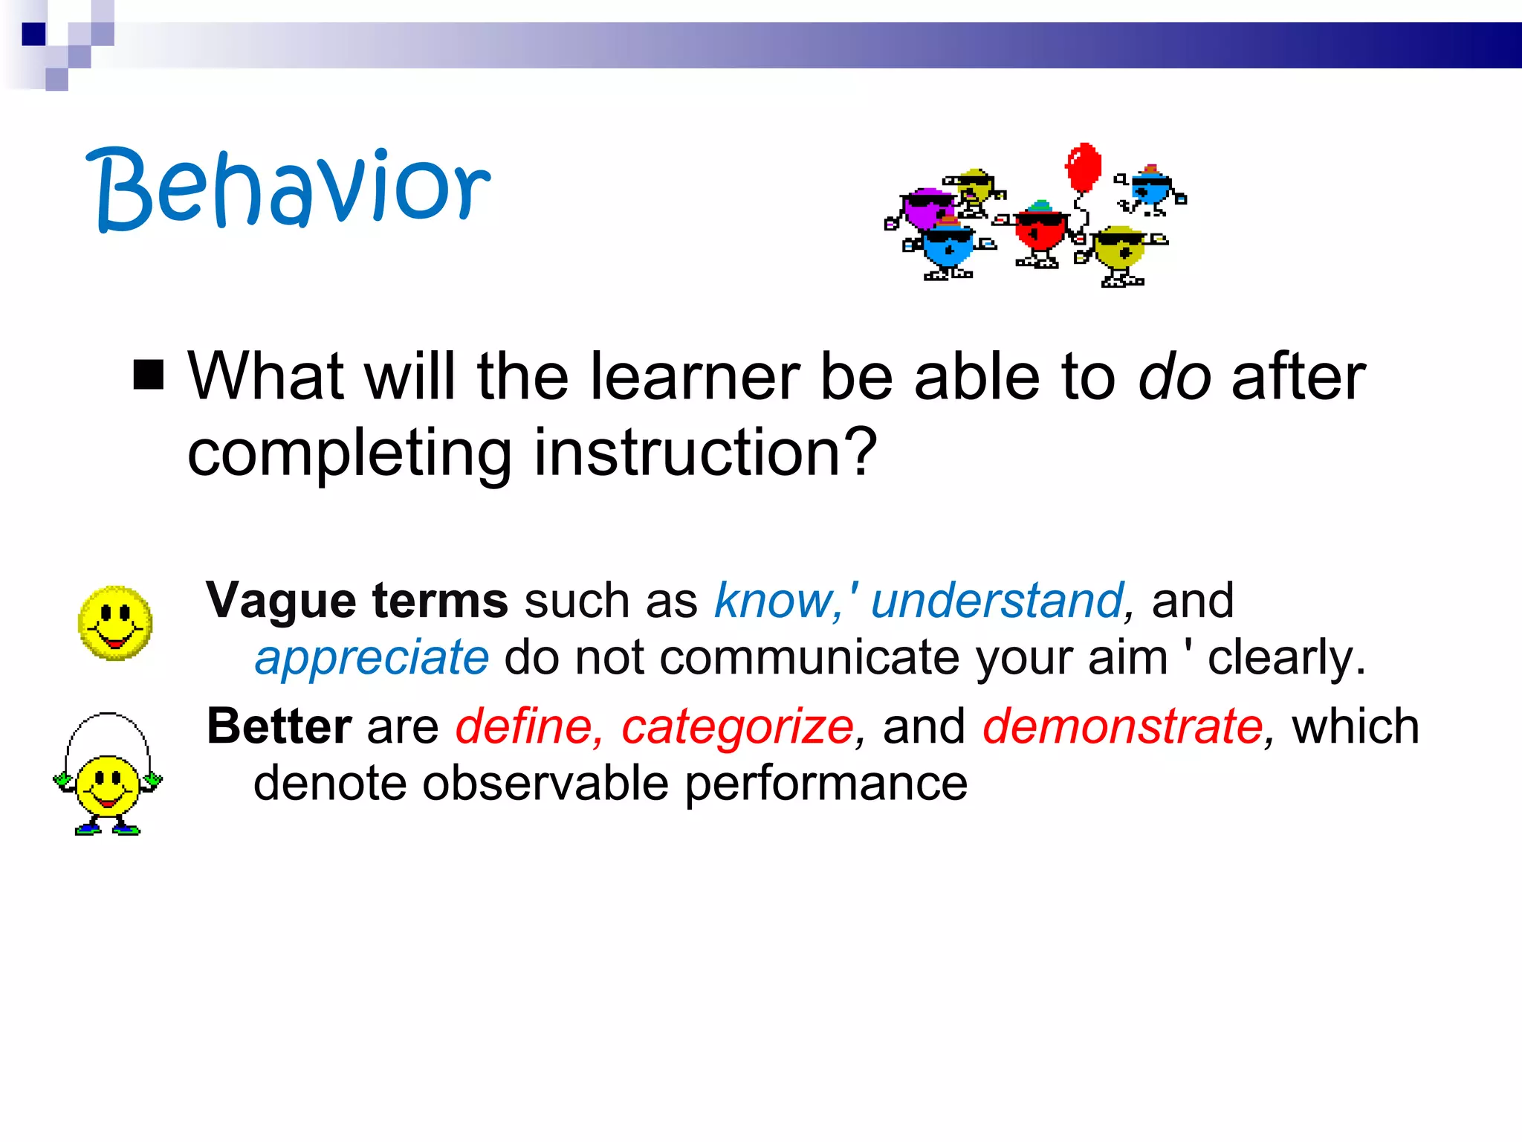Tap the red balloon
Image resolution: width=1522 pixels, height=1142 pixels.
[1084, 167]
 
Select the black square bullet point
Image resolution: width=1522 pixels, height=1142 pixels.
[149, 375]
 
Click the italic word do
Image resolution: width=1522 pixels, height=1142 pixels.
[1174, 378]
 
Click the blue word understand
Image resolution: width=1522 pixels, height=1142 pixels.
[996, 601]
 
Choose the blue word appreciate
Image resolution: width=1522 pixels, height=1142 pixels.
[372, 658]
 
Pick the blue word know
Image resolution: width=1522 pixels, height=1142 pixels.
[773, 601]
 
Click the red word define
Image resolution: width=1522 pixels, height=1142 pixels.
[524, 726]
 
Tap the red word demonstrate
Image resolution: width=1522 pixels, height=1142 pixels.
[1122, 726]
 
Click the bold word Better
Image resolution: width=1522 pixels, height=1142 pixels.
[279, 726]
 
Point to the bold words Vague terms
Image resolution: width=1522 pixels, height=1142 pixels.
[357, 601]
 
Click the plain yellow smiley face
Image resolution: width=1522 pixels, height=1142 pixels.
[115, 623]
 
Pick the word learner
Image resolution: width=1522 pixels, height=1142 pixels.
[695, 378]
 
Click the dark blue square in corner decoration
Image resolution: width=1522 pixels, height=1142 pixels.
[34, 34]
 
